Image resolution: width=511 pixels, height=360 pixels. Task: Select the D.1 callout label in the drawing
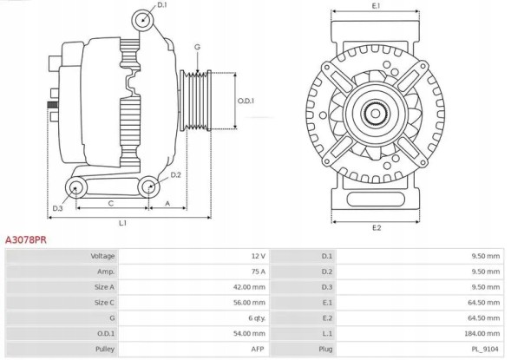[x=162, y=7]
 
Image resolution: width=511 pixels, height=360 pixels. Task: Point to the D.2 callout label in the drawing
[x=175, y=175]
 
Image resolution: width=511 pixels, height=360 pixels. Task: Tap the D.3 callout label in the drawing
[x=57, y=209]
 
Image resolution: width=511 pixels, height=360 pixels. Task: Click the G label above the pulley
[x=197, y=47]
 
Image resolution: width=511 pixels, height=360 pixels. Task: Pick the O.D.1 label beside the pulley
[x=246, y=101]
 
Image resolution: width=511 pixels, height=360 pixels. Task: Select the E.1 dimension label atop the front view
[x=376, y=7]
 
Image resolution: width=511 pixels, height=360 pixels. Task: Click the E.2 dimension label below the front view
[x=377, y=227]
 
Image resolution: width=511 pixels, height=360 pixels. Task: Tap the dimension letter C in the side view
[x=110, y=203]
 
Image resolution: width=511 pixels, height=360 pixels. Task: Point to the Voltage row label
[x=102, y=257]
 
